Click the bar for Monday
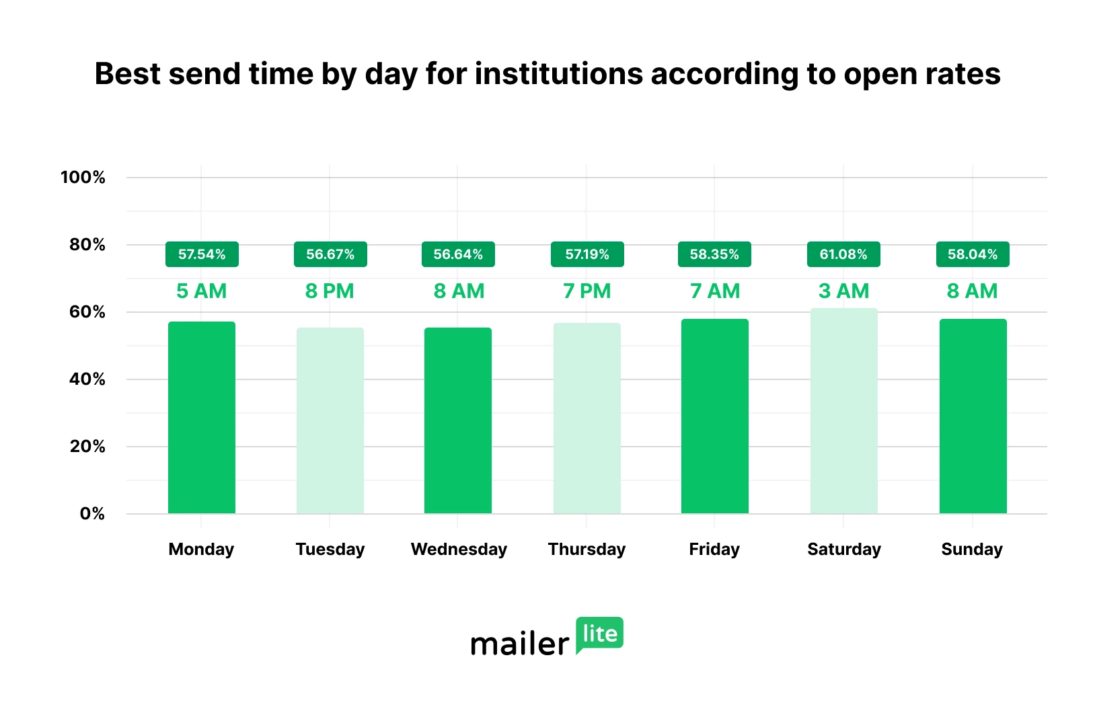click(202, 417)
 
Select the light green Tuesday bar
click(330, 420)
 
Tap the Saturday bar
click(843, 410)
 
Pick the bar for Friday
click(714, 416)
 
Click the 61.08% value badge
click(843, 254)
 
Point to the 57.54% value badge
click(202, 254)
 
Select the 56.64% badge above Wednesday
click(458, 254)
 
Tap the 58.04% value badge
click(973, 254)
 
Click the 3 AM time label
click(843, 291)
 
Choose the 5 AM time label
click(202, 291)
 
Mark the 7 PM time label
click(587, 291)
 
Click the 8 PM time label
click(330, 291)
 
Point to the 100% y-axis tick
click(83, 178)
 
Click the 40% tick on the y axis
click(87, 379)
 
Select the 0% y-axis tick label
click(92, 514)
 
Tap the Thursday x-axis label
click(587, 550)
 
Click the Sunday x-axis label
click(972, 550)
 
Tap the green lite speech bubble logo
click(599, 634)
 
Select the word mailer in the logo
click(520, 644)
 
